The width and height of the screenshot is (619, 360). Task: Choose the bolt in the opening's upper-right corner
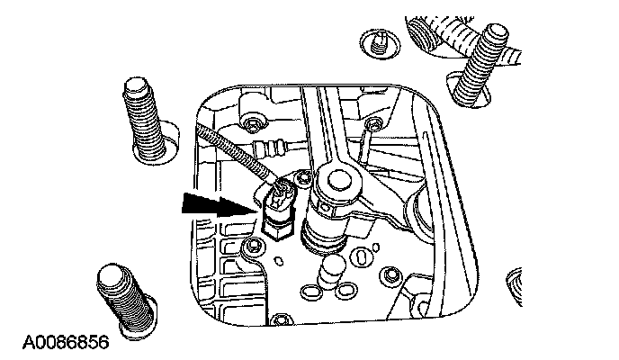(x=372, y=123)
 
